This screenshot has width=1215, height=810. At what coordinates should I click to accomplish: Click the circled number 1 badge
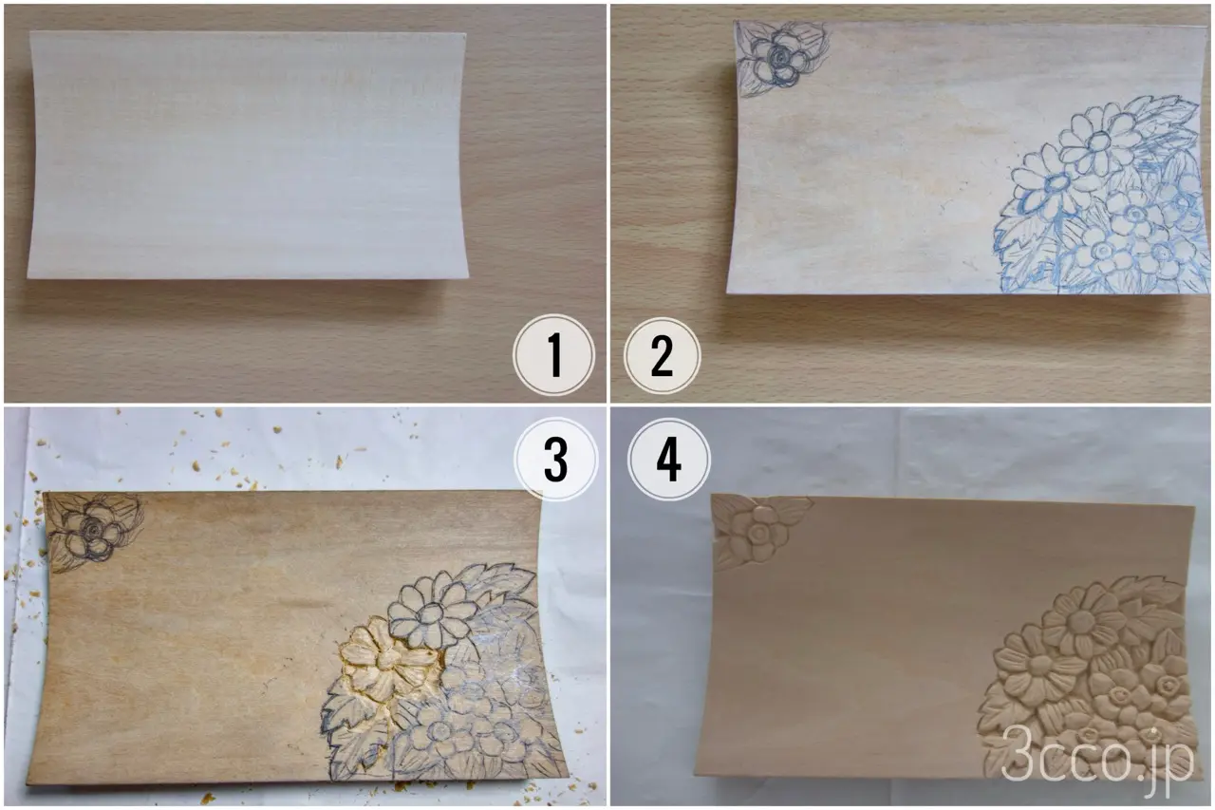pyautogui.click(x=553, y=355)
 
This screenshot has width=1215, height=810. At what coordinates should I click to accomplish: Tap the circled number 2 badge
pyautogui.click(x=662, y=356)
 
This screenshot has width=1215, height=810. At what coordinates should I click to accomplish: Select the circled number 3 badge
pyautogui.click(x=556, y=460)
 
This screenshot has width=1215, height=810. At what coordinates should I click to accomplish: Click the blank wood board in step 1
pyautogui.click(x=248, y=156)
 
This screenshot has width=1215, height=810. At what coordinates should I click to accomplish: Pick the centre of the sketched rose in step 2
pyautogui.click(x=780, y=56)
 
